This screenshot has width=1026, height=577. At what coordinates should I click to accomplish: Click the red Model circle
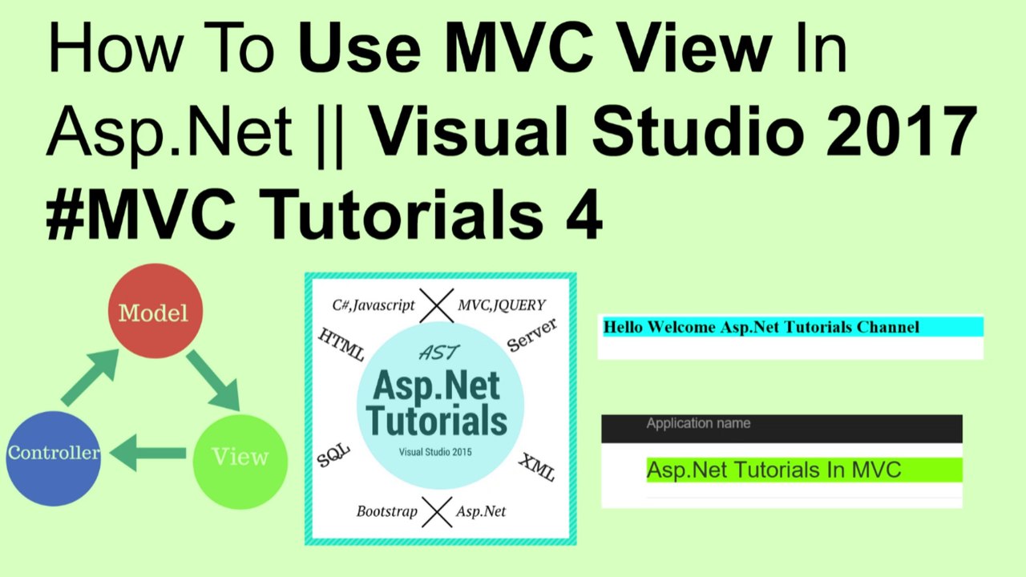coord(155,311)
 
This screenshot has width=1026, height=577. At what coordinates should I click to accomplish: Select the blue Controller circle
coord(54,458)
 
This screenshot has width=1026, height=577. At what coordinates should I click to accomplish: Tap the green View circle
coord(240,458)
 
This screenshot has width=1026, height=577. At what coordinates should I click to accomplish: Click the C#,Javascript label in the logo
coord(374,305)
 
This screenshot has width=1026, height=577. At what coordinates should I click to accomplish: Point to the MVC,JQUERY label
coord(502,305)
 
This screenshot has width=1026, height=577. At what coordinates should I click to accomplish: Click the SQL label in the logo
coord(334,455)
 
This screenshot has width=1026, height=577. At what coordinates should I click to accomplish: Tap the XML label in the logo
coord(536,466)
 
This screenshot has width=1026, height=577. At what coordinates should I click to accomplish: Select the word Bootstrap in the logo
coord(387,511)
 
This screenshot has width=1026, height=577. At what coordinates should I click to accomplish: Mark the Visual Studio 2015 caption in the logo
coord(435,452)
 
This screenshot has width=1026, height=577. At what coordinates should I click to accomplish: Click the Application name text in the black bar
coord(698,423)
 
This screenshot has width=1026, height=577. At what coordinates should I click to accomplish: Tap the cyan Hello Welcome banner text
coord(761,327)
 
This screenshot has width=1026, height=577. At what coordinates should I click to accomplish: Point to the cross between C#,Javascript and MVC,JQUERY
coord(437,305)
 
